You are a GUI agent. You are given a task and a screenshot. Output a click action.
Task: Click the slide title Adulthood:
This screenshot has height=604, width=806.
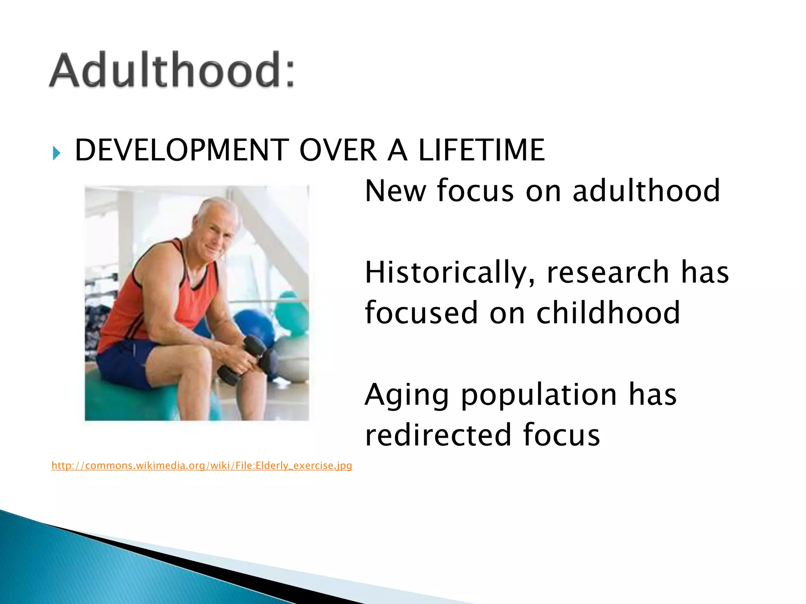pos(172,70)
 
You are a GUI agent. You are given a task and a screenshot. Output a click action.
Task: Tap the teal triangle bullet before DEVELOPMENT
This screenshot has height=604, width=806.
pos(57,153)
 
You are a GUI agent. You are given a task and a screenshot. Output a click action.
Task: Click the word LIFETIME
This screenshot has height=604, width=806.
pos(481,150)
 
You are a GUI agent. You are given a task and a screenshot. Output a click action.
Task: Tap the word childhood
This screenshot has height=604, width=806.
pos(608,313)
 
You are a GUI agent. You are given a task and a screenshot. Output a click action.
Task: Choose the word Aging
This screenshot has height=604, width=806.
pos(407,395)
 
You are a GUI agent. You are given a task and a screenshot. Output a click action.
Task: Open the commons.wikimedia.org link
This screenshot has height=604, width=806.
pos(201,466)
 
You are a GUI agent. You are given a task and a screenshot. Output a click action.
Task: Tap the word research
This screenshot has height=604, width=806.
pos(608,273)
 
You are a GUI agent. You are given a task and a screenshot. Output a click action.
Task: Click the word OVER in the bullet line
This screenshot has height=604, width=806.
pos(338,150)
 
